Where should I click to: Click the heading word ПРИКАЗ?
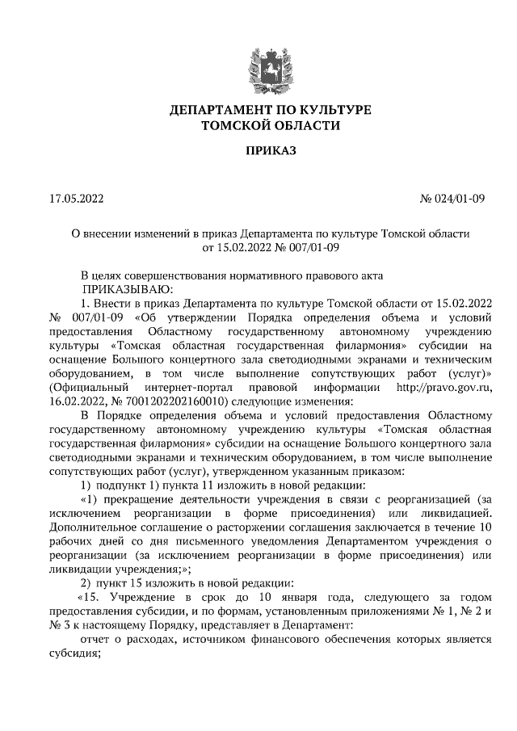(258, 151)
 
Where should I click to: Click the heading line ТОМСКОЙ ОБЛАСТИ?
(258, 125)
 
